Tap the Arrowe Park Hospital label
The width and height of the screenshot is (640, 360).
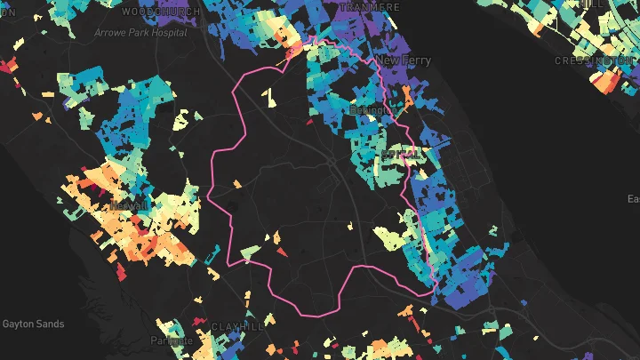coord(140,33)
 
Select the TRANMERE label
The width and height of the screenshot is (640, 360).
coord(362,5)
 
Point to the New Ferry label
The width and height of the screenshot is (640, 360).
coord(404,60)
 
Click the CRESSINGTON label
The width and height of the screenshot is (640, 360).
coord(595,60)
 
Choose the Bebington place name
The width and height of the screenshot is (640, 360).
coord(370,110)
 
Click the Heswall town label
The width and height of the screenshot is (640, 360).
coord(129,205)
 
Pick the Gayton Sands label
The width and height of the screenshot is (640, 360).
coord(33,324)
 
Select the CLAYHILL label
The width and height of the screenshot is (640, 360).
coord(239,327)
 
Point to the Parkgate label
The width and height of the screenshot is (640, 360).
coord(171,340)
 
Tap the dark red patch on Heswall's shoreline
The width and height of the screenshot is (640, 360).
coord(86,169)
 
